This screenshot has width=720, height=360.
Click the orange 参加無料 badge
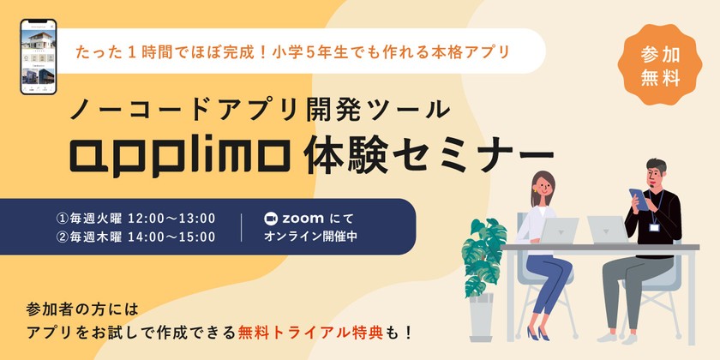click(x=661, y=66)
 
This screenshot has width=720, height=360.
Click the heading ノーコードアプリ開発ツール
click(x=258, y=109)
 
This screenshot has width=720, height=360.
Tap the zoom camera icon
click(x=273, y=218)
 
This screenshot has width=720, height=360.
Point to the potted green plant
click(x=485, y=253)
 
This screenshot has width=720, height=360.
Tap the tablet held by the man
click(x=635, y=198)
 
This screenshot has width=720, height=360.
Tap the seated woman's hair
click(x=543, y=182)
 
